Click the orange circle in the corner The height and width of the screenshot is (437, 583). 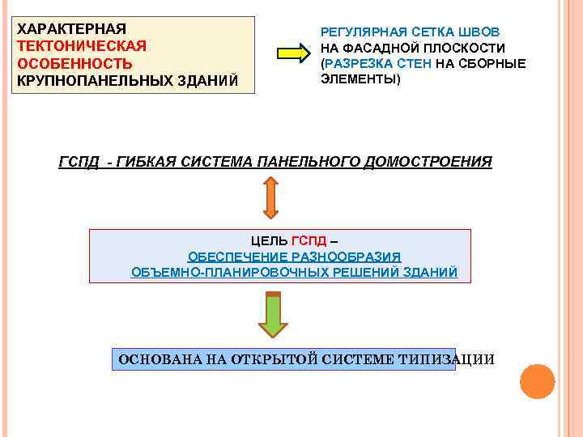tap(538, 381)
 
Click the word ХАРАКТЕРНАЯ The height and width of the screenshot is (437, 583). tap(72, 28)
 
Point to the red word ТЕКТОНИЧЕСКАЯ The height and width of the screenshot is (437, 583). tap(82, 45)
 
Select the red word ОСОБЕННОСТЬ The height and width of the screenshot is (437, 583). tap(74, 63)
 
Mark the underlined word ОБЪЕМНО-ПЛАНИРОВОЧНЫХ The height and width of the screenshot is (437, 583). tap(211, 272)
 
